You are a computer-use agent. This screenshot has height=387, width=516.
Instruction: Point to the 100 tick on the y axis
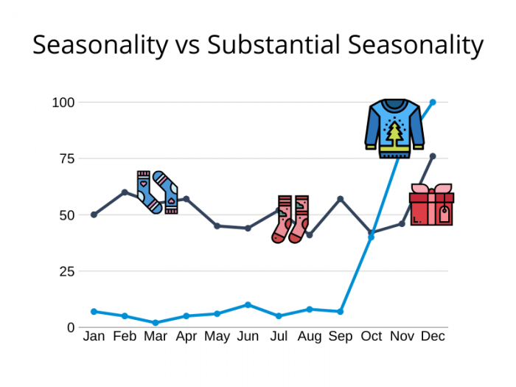pyautogui.click(x=63, y=102)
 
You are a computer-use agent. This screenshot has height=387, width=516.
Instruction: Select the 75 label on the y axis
pyautogui.click(x=67, y=159)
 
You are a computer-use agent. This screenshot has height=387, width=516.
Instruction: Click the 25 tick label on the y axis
pyautogui.click(x=67, y=271)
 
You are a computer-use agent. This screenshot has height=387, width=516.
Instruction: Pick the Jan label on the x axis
pyautogui.click(x=94, y=336)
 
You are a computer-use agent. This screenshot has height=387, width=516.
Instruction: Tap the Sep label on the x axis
pyautogui.click(x=341, y=336)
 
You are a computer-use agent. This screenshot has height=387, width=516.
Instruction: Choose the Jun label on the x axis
pyautogui.click(x=248, y=336)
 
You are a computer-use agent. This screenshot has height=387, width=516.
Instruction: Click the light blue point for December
pyautogui.click(x=433, y=102)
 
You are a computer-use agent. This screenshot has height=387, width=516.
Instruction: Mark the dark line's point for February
pyautogui.click(x=125, y=192)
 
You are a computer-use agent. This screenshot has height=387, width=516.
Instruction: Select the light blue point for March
pyautogui.click(x=156, y=323)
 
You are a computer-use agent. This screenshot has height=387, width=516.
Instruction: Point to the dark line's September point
pyautogui.click(x=341, y=199)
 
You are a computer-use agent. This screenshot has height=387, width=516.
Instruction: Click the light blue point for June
pyautogui.click(x=248, y=304)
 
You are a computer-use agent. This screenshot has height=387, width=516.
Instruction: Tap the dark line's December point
pyautogui.click(x=433, y=156)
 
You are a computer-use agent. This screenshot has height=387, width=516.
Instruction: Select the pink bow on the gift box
pyautogui.click(x=431, y=189)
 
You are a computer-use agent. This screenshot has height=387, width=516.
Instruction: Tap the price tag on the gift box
pyautogui.click(x=444, y=215)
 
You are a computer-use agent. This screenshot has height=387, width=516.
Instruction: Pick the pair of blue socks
pyautogui.click(x=157, y=192)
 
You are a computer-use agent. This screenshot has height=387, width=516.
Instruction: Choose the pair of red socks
pyautogui.click(x=290, y=219)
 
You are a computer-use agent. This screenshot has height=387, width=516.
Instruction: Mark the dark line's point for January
pyautogui.click(x=94, y=215)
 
